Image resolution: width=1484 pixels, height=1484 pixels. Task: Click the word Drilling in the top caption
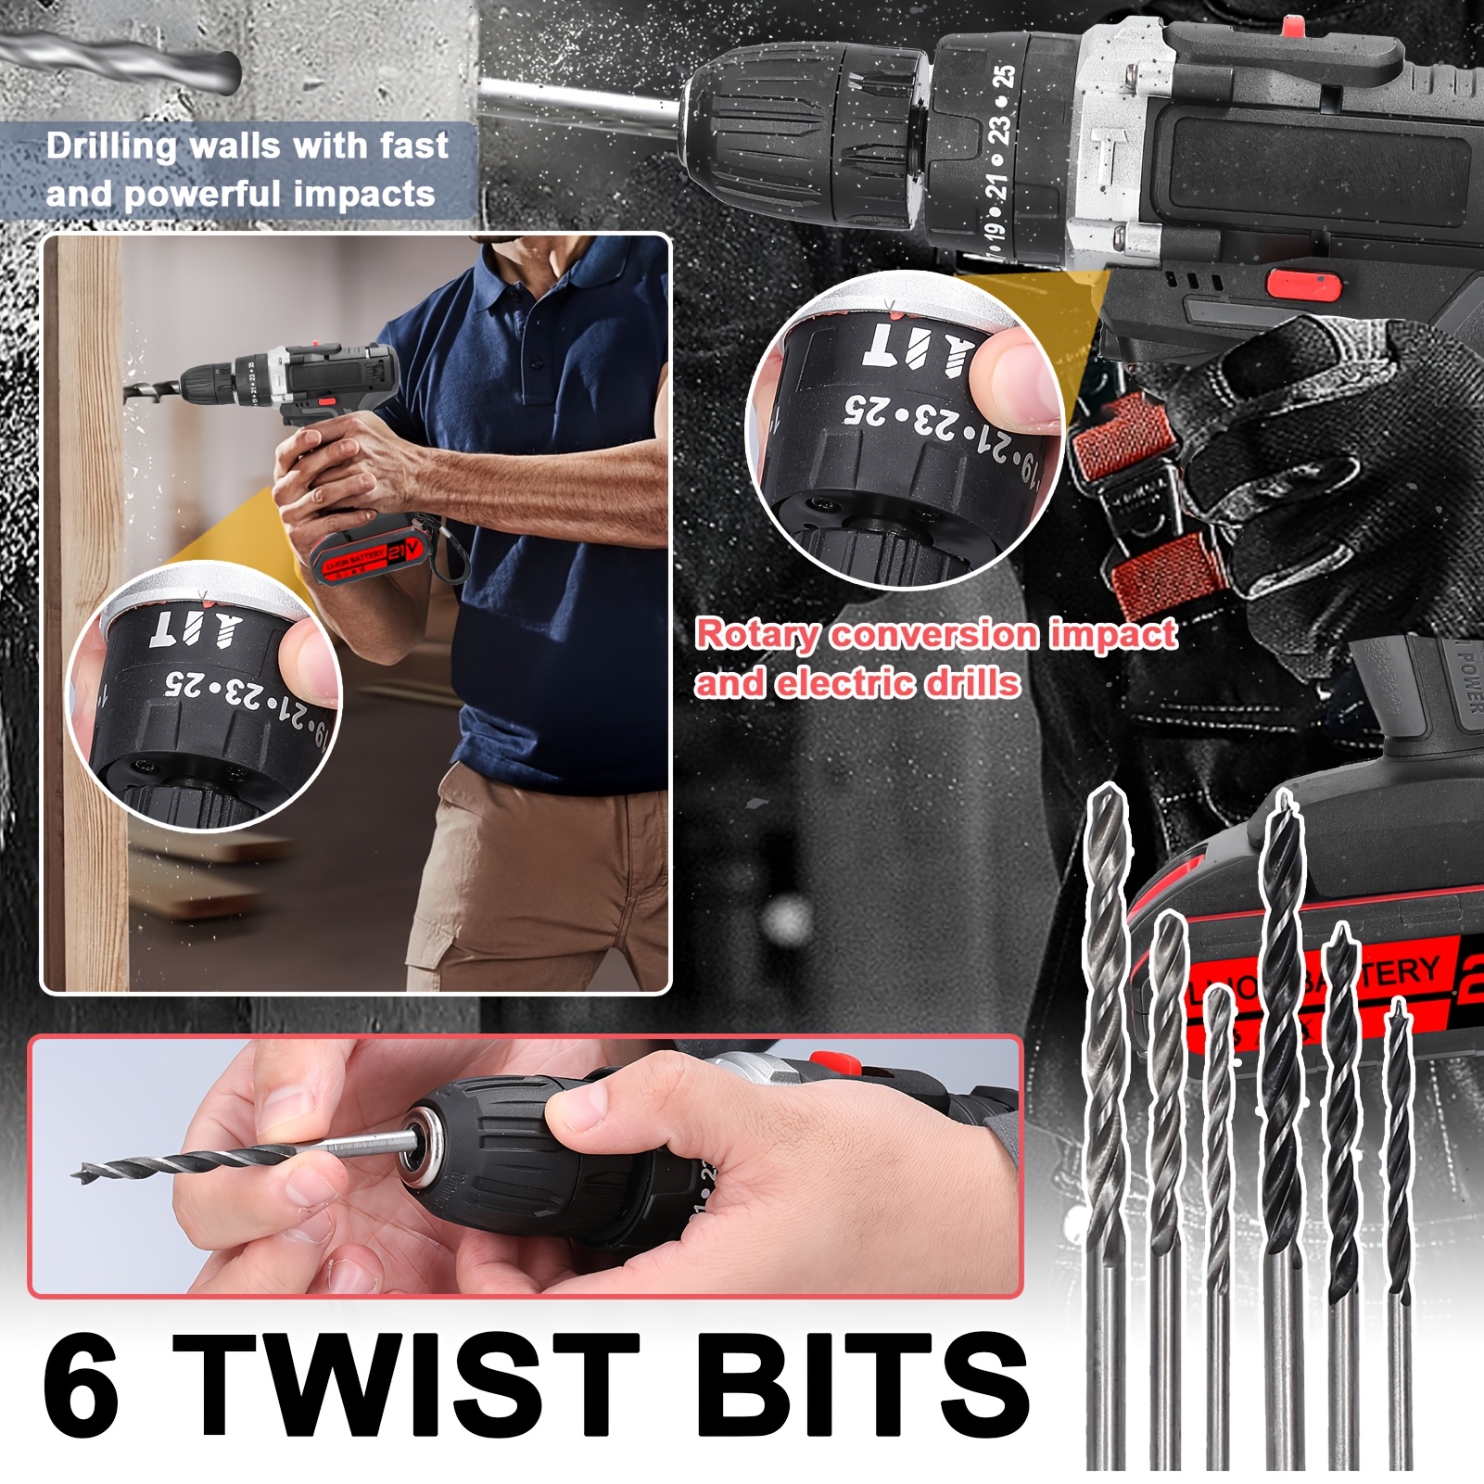pos(111,146)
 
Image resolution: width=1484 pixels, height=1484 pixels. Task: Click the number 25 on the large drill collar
pos(1003,78)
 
